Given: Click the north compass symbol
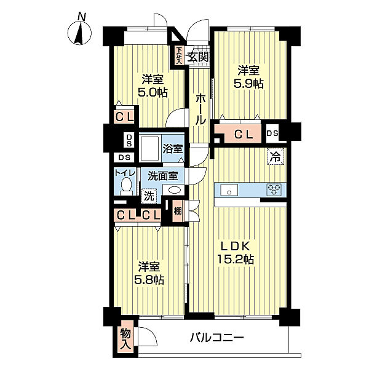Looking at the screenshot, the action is point(79,33).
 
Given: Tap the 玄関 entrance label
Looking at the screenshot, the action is point(198,57).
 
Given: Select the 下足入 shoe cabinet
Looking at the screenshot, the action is point(180,56).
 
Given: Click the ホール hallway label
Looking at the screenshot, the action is point(200,109).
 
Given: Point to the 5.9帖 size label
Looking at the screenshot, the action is point(248,84).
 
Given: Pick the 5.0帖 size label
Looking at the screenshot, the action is point(153,92).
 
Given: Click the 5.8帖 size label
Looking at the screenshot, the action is point(149,280).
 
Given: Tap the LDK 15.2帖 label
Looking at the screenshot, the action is point(235,253).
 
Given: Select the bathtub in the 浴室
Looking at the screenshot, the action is point(149,148).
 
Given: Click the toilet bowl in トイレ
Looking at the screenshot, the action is point(126,186).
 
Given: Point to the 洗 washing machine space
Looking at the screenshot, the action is point(149,196).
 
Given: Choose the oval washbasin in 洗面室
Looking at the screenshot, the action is point(173,190).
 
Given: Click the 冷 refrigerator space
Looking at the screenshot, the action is point(276,156).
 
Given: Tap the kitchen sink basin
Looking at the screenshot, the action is point(229,190).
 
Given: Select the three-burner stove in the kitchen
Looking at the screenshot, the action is point(274,189).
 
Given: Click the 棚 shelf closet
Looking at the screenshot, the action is point(178,211).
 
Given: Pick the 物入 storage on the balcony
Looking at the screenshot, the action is point(125,339).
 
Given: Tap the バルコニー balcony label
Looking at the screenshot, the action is point(216,338).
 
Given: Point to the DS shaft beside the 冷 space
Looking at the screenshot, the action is point(272,133).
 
